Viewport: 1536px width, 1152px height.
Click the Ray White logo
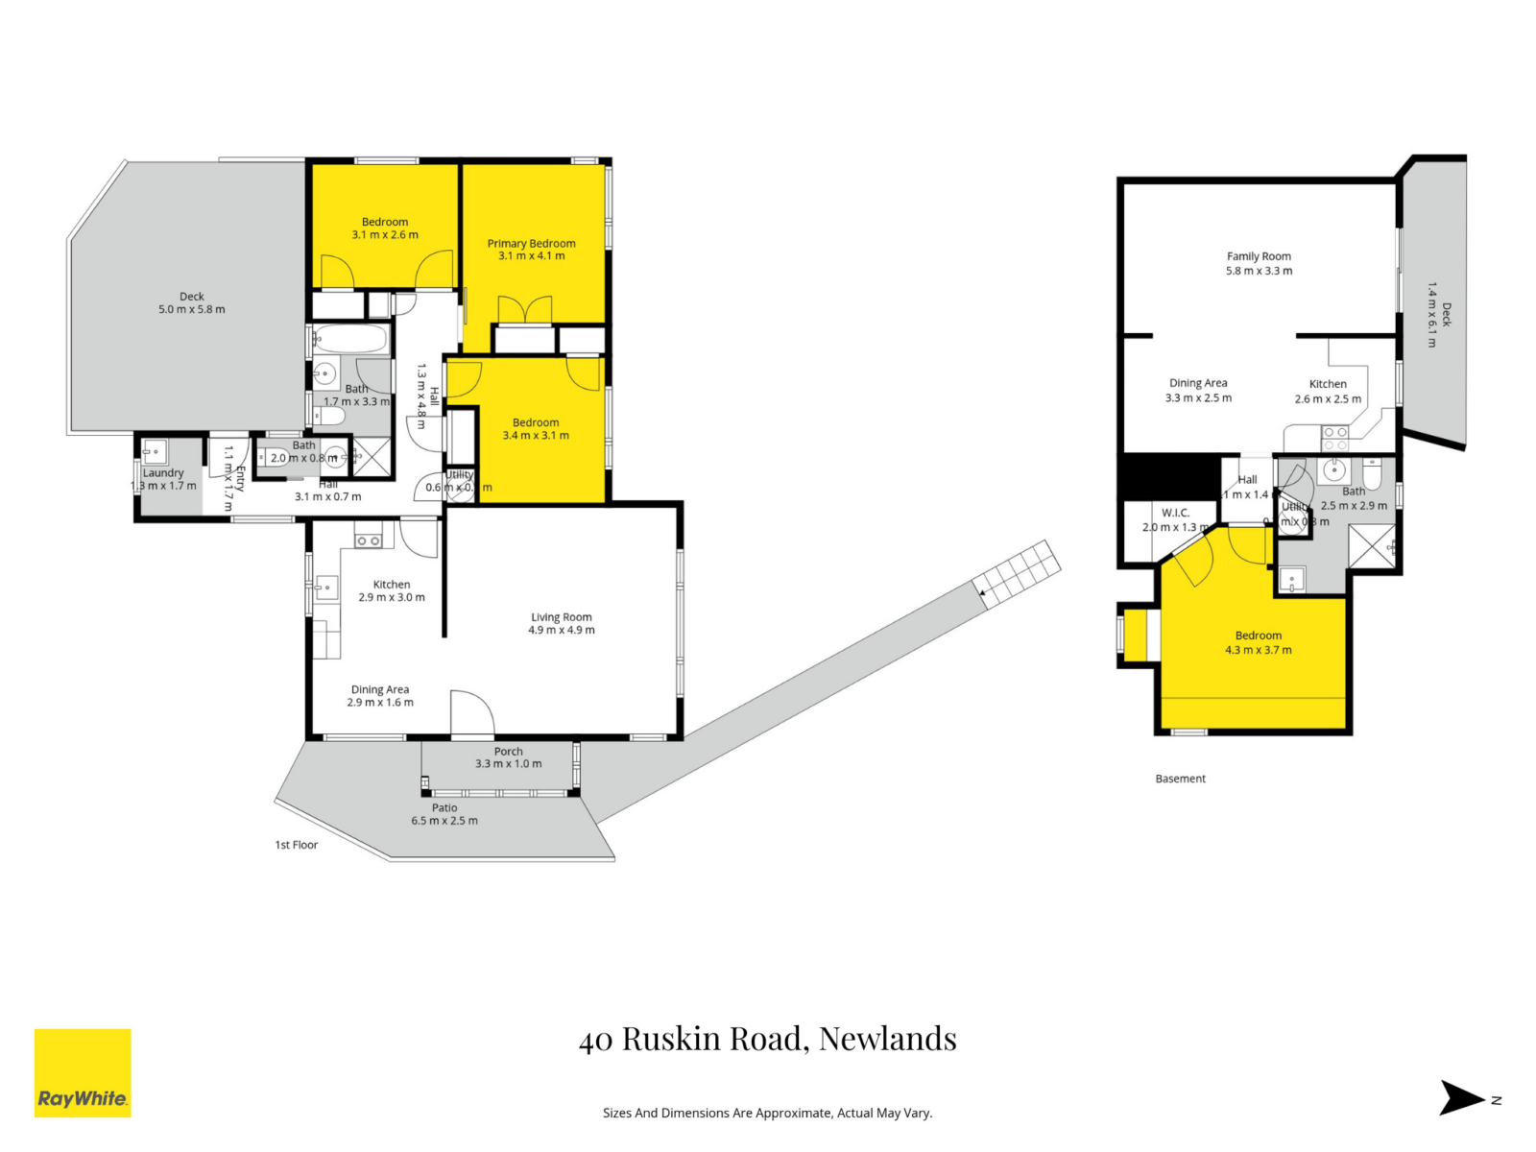pyautogui.click(x=83, y=1073)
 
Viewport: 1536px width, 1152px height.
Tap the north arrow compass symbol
pyautogui.click(x=1462, y=1098)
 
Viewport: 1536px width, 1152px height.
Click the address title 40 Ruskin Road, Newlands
pyautogui.click(x=767, y=1039)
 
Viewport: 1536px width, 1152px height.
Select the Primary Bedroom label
pyautogui.click(x=531, y=244)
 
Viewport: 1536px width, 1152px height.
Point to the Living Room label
pyautogui.click(x=562, y=617)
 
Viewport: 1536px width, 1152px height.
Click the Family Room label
pyautogui.click(x=1259, y=256)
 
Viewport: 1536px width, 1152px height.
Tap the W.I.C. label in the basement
pyautogui.click(x=1175, y=513)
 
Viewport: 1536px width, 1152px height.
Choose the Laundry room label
pyautogui.click(x=163, y=472)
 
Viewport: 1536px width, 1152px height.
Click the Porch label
pyautogui.click(x=509, y=752)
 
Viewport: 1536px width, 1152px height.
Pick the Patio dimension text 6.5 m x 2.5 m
pyautogui.click(x=444, y=821)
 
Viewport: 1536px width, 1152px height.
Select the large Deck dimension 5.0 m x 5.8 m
pyautogui.click(x=192, y=309)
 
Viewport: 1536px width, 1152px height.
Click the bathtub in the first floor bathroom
pyautogui.click(x=350, y=339)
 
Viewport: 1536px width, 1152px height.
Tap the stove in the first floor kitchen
pyautogui.click(x=369, y=540)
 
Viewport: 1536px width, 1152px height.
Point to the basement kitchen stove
pyautogui.click(x=1335, y=438)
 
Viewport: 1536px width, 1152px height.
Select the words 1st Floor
pyautogui.click(x=296, y=845)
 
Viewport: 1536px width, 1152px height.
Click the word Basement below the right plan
pyautogui.click(x=1180, y=779)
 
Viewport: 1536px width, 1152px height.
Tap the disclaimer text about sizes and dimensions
pyautogui.click(x=767, y=1113)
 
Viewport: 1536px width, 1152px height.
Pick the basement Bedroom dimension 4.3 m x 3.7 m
pyautogui.click(x=1258, y=650)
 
